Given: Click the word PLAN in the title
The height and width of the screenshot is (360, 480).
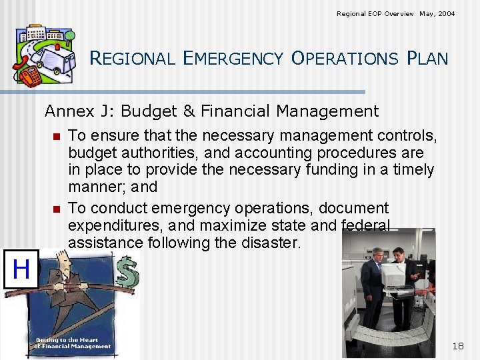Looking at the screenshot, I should [x=427, y=59].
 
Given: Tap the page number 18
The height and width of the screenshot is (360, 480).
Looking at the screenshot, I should [x=458, y=345].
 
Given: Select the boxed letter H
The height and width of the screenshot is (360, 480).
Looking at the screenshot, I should [x=21, y=270].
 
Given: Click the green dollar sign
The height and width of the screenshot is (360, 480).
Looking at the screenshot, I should [x=127, y=274].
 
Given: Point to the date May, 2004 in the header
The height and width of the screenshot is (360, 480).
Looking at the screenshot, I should [x=437, y=13].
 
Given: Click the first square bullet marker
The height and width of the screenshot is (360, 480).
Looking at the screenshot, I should [x=56, y=137].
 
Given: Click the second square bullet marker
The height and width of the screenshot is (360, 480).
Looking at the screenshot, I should [x=56, y=209].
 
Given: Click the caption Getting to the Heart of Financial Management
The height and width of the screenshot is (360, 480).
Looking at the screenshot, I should [x=73, y=343].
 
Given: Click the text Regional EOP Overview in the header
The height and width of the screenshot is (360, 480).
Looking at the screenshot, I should [x=375, y=13].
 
